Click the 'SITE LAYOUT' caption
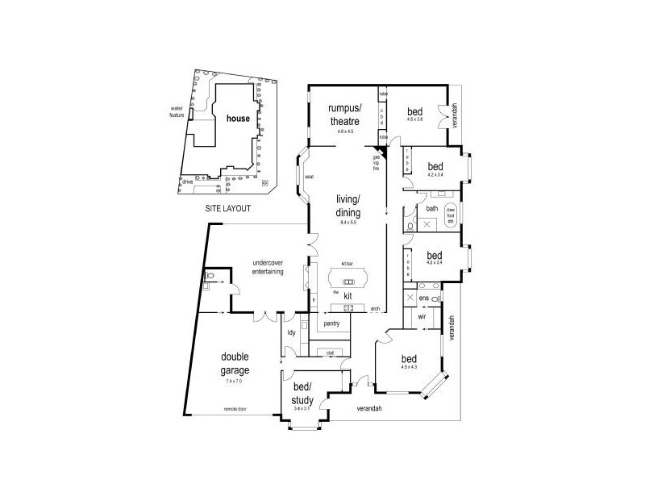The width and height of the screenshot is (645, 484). click(227, 208)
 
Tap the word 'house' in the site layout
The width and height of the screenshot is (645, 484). click(237, 118)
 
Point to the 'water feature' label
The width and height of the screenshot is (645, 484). click(177, 111)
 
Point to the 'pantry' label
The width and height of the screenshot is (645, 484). click(331, 323)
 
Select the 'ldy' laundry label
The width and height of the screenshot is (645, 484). click(292, 332)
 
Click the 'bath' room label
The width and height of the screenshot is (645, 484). click(431, 209)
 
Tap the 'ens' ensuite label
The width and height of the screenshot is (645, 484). click(423, 298)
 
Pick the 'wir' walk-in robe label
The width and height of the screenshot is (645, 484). click(422, 317)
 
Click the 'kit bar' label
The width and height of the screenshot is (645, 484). click(348, 264)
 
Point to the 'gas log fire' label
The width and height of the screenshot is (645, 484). click(376, 164)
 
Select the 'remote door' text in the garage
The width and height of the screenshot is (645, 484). click(235, 410)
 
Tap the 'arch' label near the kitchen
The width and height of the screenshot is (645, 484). click(375, 309)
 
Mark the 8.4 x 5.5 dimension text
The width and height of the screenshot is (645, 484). click(348, 222)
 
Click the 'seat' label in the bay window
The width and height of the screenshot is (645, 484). click(309, 177)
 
